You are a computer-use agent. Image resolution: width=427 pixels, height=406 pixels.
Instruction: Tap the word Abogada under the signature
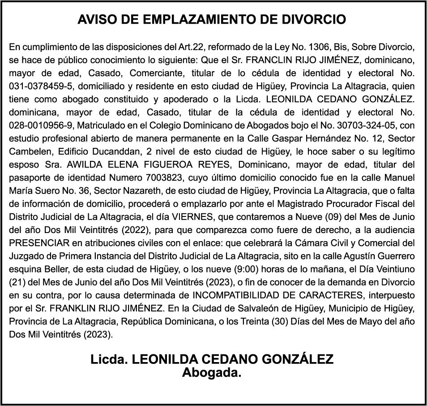[x=211, y=372]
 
